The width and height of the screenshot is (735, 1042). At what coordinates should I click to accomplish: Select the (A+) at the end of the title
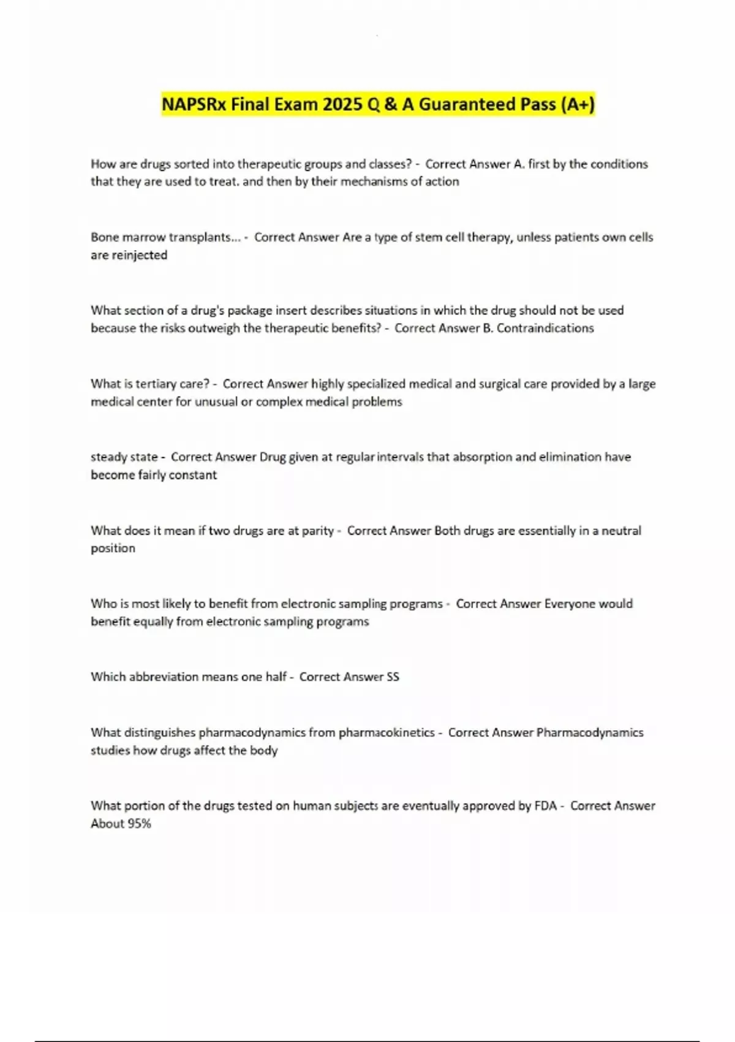pyautogui.click(x=578, y=104)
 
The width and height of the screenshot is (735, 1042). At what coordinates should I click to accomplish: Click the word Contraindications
pyautogui.click(x=545, y=328)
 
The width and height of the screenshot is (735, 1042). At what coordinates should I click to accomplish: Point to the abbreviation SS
pyautogui.click(x=393, y=677)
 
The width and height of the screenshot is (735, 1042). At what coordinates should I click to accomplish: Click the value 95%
pyautogui.click(x=138, y=823)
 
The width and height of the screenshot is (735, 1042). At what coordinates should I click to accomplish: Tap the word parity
pyautogui.click(x=318, y=530)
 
